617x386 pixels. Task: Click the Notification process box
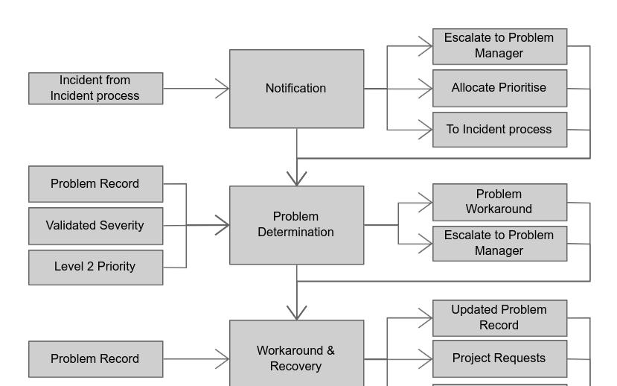[x=296, y=89]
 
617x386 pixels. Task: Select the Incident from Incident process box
[x=95, y=89]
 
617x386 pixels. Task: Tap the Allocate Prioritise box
[x=499, y=88]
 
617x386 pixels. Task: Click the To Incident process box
[x=499, y=130]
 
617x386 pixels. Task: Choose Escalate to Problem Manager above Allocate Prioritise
[x=499, y=46]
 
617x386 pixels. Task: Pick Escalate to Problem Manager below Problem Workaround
[x=499, y=244]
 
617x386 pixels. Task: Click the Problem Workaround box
[x=499, y=202]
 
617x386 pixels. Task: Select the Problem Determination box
[x=296, y=225]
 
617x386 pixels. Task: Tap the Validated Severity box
[x=95, y=226]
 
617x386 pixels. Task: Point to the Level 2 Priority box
[x=95, y=267]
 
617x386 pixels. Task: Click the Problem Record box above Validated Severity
[x=95, y=184]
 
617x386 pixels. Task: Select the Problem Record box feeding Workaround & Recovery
[x=95, y=359]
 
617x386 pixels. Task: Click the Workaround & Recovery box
[x=296, y=358]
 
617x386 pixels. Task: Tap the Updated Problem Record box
[x=499, y=318]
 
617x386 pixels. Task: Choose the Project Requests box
[x=499, y=358]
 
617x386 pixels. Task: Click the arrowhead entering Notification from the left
[x=223, y=89]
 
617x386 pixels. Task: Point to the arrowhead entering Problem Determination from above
[x=297, y=179]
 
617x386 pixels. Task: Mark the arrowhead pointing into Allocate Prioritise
[x=426, y=89]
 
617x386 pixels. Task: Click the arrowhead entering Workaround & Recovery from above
[x=297, y=313]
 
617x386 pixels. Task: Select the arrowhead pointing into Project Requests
[x=426, y=359]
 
